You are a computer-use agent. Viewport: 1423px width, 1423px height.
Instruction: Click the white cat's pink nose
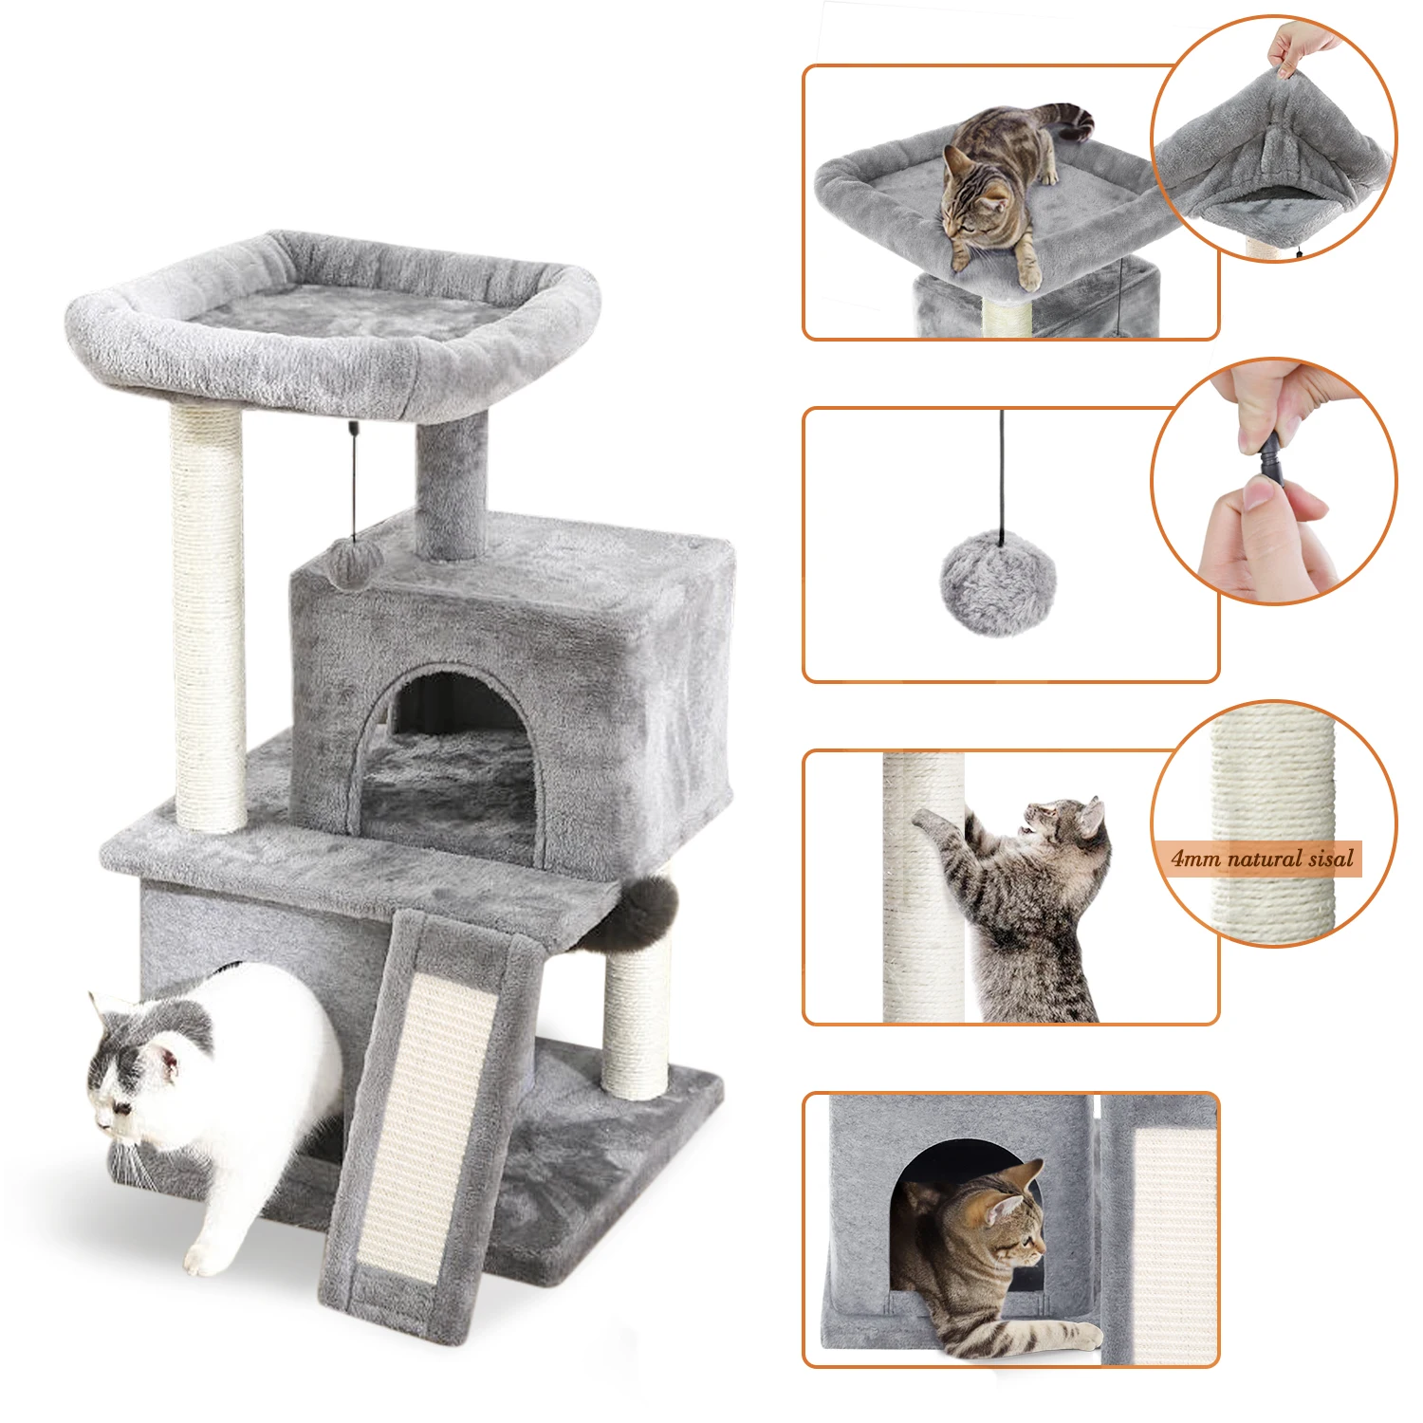tap(102, 1122)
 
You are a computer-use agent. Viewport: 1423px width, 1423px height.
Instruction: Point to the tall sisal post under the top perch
tap(208, 617)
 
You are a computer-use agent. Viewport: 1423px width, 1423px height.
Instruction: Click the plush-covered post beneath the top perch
tap(452, 484)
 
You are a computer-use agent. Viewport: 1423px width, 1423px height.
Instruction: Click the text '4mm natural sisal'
tap(1263, 859)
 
